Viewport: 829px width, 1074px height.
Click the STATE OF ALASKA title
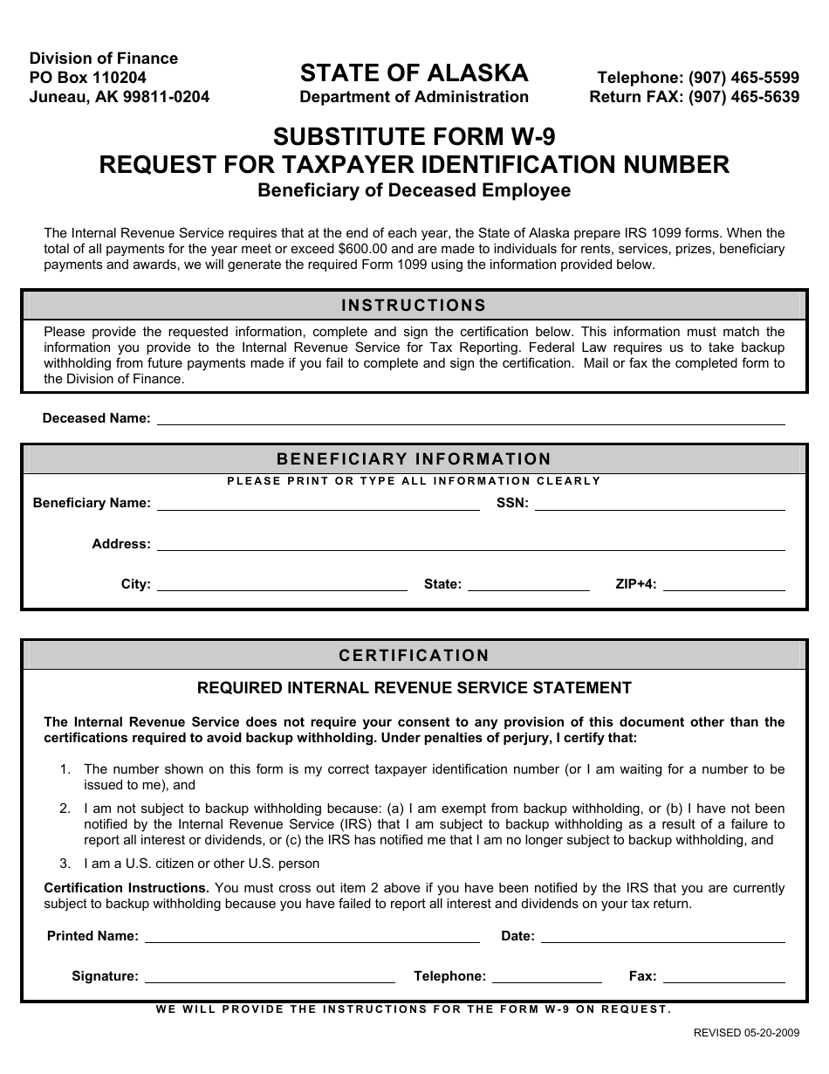point(414,72)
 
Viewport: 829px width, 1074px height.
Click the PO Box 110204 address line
point(88,78)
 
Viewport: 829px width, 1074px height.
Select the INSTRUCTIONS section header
point(414,306)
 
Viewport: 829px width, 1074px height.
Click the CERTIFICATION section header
point(414,656)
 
